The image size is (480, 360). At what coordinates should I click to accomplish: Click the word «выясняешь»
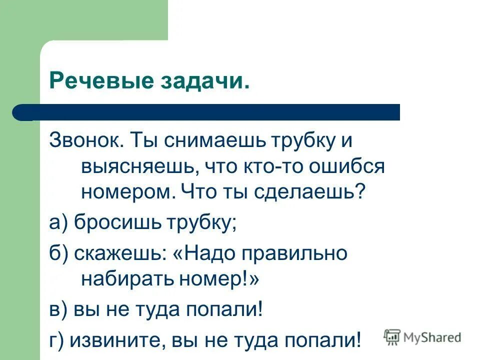(136, 166)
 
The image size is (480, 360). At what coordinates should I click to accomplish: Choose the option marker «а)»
(59, 222)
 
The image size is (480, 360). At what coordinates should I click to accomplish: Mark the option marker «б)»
(59, 253)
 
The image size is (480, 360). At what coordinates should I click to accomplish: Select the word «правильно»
(294, 253)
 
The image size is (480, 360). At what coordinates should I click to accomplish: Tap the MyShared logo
(422, 337)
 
